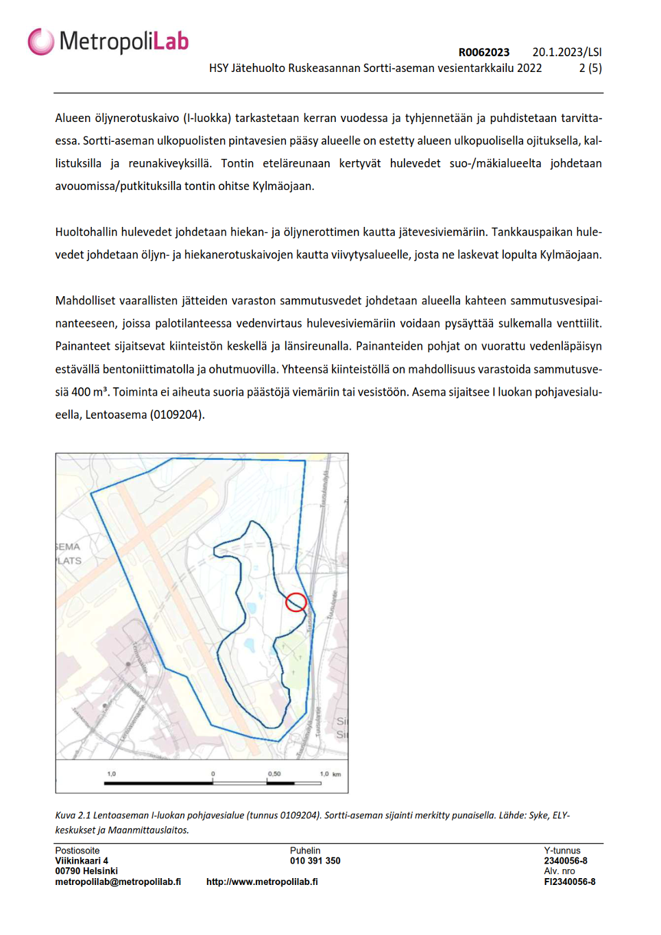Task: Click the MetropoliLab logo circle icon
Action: click(x=40, y=42)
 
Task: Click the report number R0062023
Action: click(x=483, y=52)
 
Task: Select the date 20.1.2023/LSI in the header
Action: click(x=566, y=52)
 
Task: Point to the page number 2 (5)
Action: click(x=590, y=68)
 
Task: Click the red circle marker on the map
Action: click(x=296, y=602)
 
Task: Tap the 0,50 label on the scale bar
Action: click(x=274, y=774)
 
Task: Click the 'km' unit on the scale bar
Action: click(x=337, y=775)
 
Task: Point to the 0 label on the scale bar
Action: click(x=213, y=774)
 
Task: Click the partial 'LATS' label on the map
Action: click(x=69, y=561)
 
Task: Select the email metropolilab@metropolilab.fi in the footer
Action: click(x=118, y=882)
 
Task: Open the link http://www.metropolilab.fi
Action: click(x=262, y=882)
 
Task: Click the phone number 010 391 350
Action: click(x=315, y=861)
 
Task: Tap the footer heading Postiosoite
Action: click(x=77, y=851)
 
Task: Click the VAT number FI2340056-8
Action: click(x=569, y=882)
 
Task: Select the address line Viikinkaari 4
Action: click(x=82, y=861)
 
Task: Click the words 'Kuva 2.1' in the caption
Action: click(x=73, y=816)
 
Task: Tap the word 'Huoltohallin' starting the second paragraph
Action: click(x=87, y=232)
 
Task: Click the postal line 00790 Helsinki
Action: click(x=86, y=871)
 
